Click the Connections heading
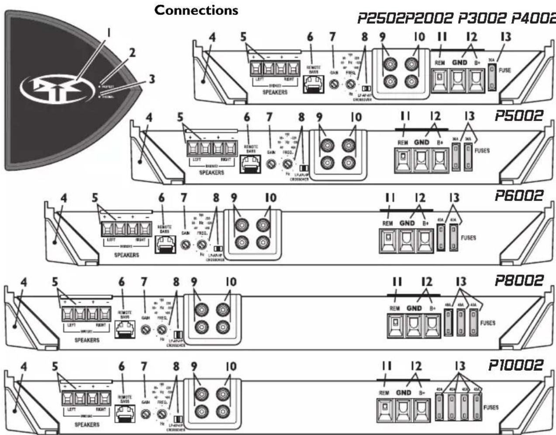[x=196, y=10]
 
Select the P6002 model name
[x=518, y=195]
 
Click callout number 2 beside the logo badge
[x=131, y=53]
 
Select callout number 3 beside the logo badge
[x=151, y=79]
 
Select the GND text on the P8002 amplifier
[x=414, y=308]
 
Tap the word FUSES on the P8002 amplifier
[x=487, y=323]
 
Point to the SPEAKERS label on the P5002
[x=212, y=173]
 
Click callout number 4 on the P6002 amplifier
[x=64, y=198]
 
